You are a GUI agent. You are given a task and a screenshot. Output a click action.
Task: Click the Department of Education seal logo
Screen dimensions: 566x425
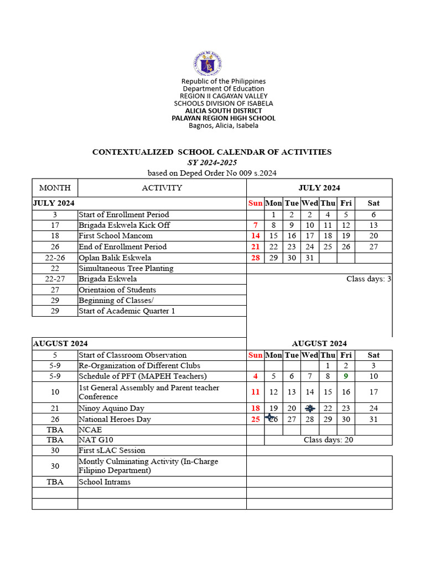tap(207, 64)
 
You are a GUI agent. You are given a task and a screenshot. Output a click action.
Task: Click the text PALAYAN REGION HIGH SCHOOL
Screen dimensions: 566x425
tap(224, 118)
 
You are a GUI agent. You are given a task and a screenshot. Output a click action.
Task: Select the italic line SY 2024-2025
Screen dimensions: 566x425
tap(212, 163)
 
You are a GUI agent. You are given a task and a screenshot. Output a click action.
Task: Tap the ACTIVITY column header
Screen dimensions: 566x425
tap(162, 188)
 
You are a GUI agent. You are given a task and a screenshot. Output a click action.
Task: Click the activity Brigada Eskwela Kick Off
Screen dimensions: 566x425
tap(124, 225)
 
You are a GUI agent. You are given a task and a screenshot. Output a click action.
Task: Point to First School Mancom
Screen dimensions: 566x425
tap(116, 236)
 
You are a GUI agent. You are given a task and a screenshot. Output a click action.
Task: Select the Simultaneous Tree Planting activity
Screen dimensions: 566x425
tap(126, 268)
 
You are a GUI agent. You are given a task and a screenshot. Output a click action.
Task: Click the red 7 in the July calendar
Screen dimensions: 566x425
tap(255, 225)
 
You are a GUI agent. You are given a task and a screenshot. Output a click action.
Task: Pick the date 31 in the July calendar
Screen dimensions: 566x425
tap(310, 258)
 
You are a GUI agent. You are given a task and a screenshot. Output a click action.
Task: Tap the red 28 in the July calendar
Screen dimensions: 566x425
tap(255, 258)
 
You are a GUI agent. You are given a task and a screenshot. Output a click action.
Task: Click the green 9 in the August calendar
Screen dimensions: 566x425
tap(346, 376)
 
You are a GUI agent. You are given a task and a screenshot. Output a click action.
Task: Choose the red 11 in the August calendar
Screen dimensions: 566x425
tap(255, 392)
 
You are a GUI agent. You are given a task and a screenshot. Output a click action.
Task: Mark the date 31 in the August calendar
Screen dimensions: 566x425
tap(374, 419)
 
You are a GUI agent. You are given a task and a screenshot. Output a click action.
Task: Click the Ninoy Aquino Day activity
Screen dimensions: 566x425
tap(111, 408)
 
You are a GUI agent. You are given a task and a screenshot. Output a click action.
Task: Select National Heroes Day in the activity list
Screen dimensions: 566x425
tap(115, 419)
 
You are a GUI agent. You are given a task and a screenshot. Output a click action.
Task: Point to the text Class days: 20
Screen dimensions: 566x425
tap(328, 440)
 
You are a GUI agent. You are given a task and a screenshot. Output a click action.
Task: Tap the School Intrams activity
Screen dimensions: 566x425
tap(105, 482)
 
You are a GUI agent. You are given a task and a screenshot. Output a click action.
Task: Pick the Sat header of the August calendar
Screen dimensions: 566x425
tap(374, 355)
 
